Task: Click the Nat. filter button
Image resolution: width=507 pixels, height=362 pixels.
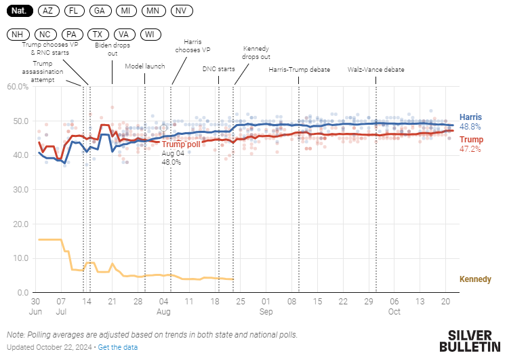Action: pos(19,11)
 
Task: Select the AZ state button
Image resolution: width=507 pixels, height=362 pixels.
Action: pos(47,11)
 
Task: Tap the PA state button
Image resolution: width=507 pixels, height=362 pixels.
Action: pos(71,35)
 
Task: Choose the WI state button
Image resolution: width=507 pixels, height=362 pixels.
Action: pos(149,35)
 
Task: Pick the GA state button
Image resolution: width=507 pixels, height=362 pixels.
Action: pos(100,11)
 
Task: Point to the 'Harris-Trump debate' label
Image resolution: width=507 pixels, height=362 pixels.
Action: pos(299,69)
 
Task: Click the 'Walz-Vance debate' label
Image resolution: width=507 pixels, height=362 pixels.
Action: pos(376,69)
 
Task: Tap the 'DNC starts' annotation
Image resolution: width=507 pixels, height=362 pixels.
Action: pos(218,69)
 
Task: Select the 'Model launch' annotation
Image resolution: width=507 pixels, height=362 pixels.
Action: pos(144,66)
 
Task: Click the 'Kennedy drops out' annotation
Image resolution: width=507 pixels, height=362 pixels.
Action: pos(256,53)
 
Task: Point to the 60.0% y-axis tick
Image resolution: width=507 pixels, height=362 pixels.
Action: pos(18,87)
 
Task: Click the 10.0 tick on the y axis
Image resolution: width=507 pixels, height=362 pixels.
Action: pos(20,258)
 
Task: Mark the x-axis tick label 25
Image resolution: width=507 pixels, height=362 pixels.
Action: pos(239,301)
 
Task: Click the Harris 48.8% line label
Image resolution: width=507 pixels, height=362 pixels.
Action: pos(470,121)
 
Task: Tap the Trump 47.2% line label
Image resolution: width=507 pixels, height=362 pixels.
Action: pos(470,144)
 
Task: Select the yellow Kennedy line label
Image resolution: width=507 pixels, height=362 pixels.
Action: pos(475,279)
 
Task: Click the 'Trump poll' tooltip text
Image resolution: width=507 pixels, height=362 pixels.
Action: pos(182,144)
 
